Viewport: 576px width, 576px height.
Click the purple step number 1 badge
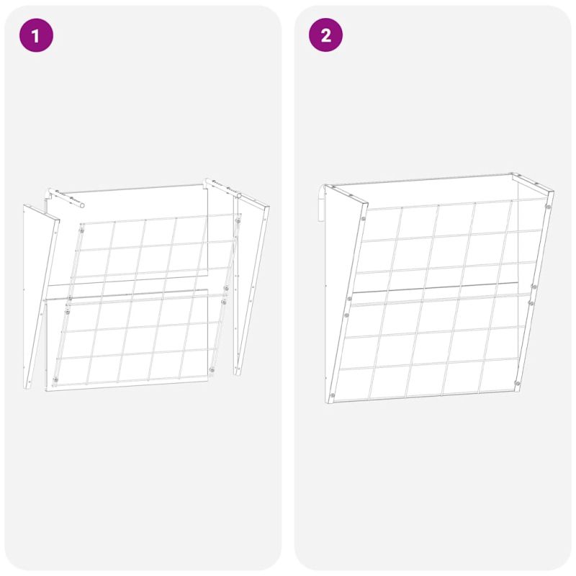[x=36, y=35]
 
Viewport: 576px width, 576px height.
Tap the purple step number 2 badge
[x=325, y=35]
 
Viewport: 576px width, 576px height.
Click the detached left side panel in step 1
[x=39, y=294]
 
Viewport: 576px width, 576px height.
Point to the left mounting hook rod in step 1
[x=66, y=197]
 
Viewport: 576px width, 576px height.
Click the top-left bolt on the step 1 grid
[x=81, y=230]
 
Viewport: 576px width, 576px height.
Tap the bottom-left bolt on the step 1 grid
[x=55, y=380]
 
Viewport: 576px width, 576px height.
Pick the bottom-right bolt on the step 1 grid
[x=212, y=369]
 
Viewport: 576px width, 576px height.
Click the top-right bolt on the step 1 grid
[x=238, y=221]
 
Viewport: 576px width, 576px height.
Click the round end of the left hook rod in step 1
[x=82, y=205]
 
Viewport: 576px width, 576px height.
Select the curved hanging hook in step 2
[x=322, y=203]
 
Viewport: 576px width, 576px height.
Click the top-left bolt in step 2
[x=364, y=219]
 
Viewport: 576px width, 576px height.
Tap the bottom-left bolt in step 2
[x=333, y=395]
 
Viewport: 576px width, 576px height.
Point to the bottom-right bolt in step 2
[x=517, y=383]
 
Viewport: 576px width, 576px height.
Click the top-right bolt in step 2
[x=548, y=207]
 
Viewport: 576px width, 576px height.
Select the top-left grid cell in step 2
[x=382, y=225]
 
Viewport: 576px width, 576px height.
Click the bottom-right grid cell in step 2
[x=498, y=375]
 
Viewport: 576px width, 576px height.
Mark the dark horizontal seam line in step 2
[x=436, y=287]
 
